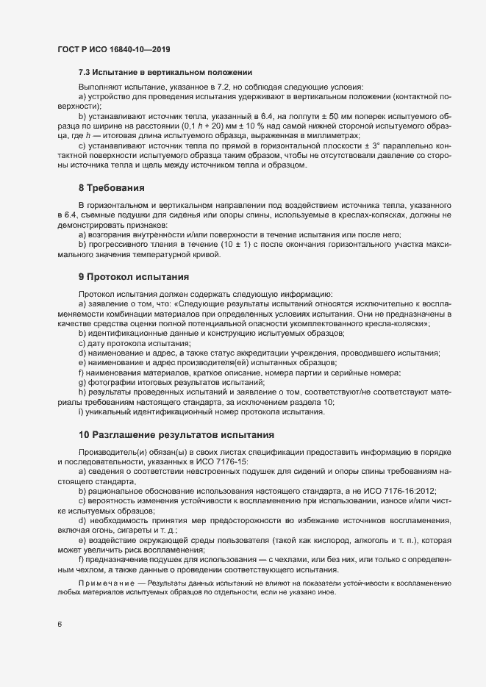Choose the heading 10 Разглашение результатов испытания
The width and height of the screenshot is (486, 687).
point(176,435)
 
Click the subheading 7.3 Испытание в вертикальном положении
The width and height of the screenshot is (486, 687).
point(165,72)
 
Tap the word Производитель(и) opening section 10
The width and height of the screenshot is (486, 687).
point(114,451)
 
